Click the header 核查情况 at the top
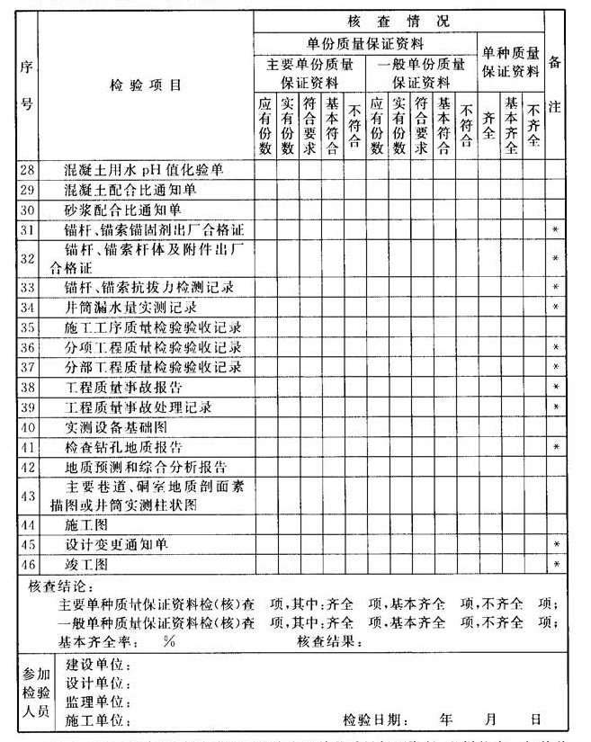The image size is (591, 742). [x=398, y=20]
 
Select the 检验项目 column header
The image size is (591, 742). [x=146, y=85]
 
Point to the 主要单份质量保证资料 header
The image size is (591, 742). [x=309, y=72]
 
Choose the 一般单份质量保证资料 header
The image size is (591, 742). [x=421, y=72]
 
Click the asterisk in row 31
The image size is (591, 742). [x=555, y=230]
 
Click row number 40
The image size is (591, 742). [x=27, y=427]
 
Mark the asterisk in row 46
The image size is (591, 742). [x=555, y=565]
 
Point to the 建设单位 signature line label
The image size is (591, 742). [x=97, y=666]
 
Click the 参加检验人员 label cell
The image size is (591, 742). [x=38, y=693]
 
